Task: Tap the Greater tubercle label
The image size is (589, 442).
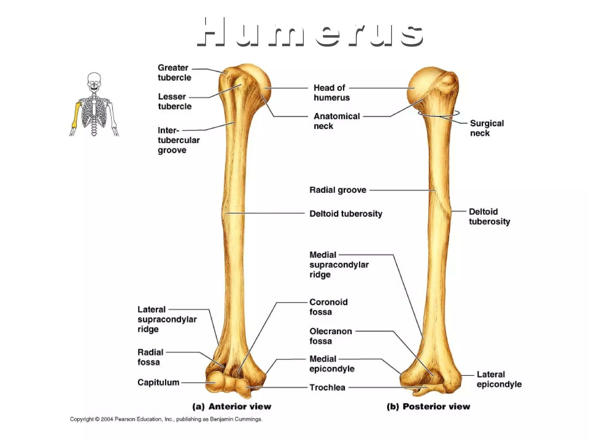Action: (x=174, y=73)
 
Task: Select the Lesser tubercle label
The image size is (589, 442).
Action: (x=175, y=101)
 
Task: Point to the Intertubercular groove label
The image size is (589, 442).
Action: (x=178, y=140)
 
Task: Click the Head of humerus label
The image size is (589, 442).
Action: (x=331, y=93)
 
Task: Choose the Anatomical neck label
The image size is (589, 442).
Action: (x=336, y=121)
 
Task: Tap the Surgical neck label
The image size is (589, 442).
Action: (x=487, y=128)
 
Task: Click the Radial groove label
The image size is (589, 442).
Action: (x=338, y=190)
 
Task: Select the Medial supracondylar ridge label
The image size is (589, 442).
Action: (x=339, y=264)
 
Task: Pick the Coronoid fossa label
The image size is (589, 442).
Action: (x=328, y=307)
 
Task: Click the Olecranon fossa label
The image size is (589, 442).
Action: (x=330, y=336)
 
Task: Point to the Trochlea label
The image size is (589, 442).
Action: (x=327, y=387)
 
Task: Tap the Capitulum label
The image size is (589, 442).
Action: (x=158, y=382)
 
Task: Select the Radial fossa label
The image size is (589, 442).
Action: (x=150, y=357)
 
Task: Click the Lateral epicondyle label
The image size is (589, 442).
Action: (x=499, y=379)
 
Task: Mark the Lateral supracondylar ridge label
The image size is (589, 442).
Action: (x=167, y=319)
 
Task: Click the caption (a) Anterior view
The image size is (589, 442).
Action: (x=232, y=406)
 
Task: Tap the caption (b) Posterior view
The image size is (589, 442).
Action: (x=428, y=406)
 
